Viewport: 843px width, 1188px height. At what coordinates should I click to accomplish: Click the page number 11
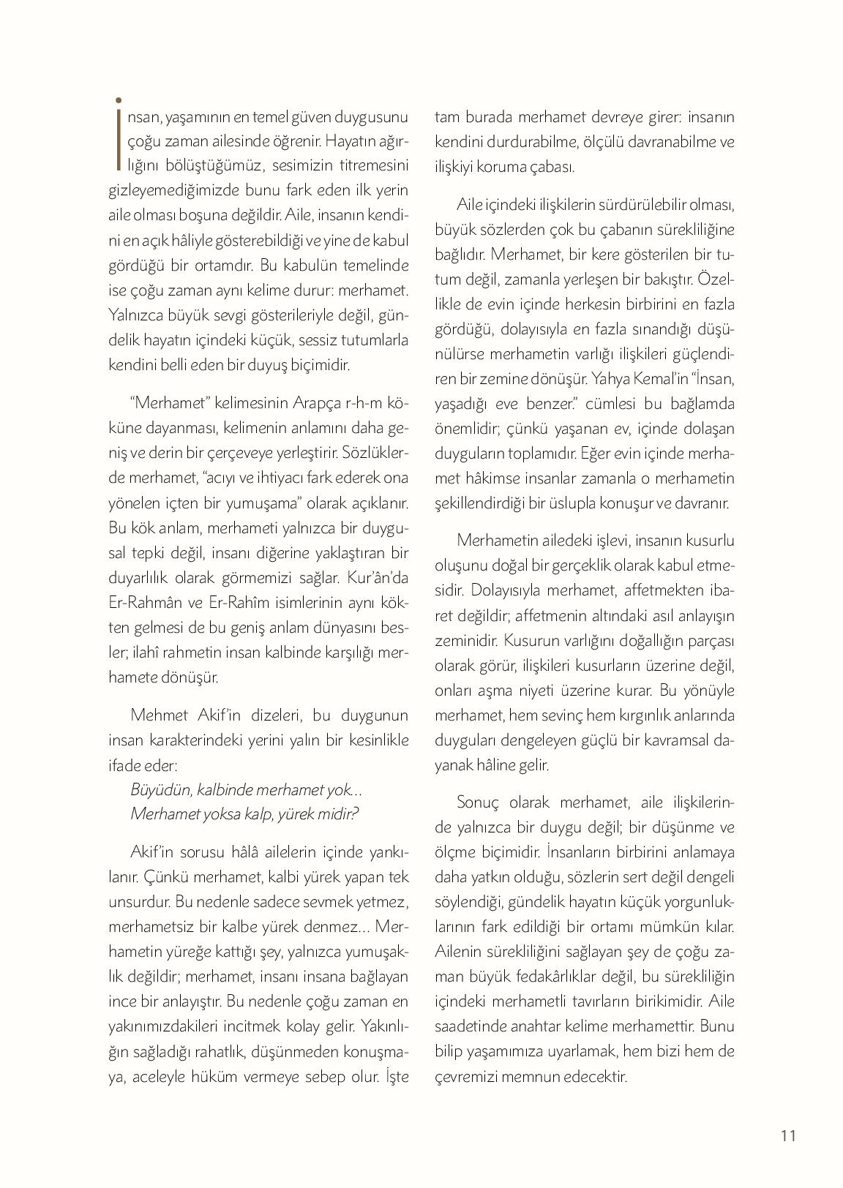[787, 1135]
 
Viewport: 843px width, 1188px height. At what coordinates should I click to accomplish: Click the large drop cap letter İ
[119, 135]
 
